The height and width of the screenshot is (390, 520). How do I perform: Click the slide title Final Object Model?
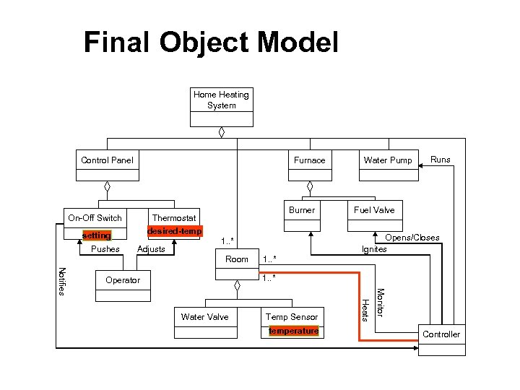210,43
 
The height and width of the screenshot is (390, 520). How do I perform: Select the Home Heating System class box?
221,100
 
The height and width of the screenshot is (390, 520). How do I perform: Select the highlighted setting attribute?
96,236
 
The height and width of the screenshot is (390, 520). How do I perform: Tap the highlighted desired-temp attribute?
174,231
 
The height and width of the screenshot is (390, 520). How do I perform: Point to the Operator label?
123,280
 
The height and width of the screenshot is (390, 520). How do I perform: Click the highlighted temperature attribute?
293,331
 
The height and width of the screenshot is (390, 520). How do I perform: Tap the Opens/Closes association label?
412,238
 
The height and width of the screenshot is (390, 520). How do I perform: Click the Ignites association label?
374,249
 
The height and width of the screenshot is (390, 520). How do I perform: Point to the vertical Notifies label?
62,281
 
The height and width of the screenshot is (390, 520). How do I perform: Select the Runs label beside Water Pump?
440,159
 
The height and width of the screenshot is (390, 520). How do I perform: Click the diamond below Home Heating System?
222,132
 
